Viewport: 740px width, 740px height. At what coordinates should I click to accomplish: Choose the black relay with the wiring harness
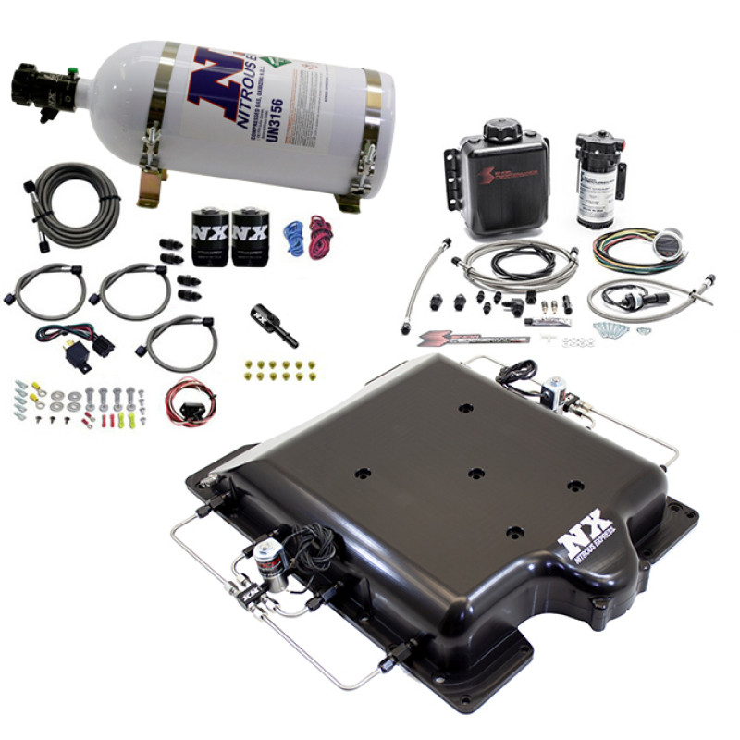click(x=101, y=345)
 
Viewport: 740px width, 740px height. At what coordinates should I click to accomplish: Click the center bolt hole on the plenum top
click(x=475, y=473)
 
